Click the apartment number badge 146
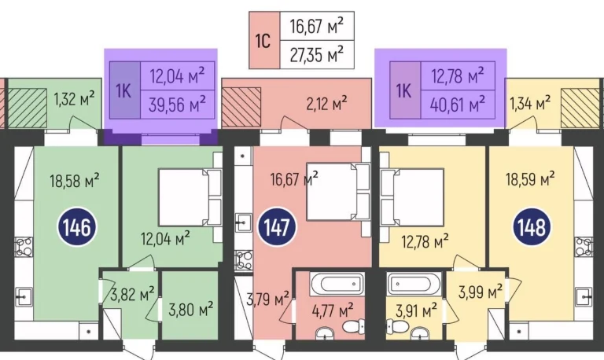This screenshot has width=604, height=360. pyautogui.click(x=77, y=227)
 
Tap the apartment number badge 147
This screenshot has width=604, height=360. pyautogui.click(x=277, y=227)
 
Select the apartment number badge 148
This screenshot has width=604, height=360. pyautogui.click(x=532, y=227)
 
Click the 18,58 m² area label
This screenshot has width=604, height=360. pyautogui.click(x=75, y=180)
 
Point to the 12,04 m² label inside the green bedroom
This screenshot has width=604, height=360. pyautogui.click(x=166, y=239)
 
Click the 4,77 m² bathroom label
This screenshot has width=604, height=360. pyautogui.click(x=333, y=309)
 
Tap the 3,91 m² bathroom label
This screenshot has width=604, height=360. pyautogui.click(x=417, y=310)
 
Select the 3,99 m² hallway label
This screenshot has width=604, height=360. pyautogui.click(x=481, y=292)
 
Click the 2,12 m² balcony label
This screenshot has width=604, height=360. pyautogui.click(x=326, y=104)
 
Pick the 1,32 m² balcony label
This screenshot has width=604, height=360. pyautogui.click(x=75, y=100)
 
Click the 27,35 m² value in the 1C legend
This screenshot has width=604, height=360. pyautogui.click(x=317, y=55)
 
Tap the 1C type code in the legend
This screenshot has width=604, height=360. pyautogui.click(x=263, y=41)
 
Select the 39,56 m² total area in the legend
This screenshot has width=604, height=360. pyautogui.click(x=177, y=104)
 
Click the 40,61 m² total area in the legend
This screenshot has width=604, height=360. pyautogui.click(x=458, y=104)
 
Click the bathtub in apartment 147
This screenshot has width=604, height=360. pyautogui.click(x=337, y=285)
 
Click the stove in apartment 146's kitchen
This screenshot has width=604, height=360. pyautogui.click(x=24, y=247)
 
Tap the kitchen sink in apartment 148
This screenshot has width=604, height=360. pyautogui.click(x=584, y=297)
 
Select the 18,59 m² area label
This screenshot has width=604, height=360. pyautogui.click(x=530, y=178)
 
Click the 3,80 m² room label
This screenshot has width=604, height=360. pyautogui.click(x=190, y=309)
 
